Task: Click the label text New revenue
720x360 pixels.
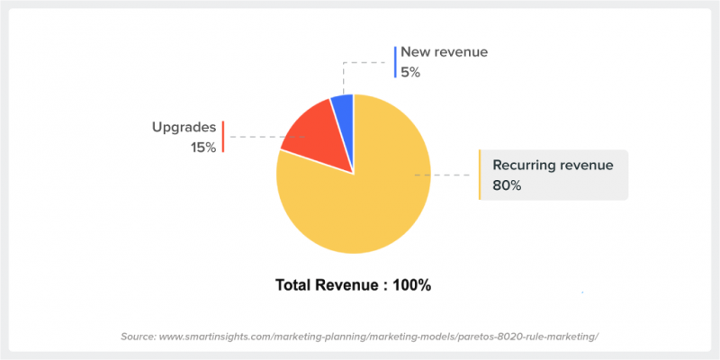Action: point(444,52)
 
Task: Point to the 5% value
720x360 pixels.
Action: point(410,71)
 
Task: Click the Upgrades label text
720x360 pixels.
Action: point(183,127)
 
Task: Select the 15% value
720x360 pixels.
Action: point(202,147)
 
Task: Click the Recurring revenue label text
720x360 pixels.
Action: point(553,165)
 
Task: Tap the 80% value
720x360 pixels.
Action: point(507,185)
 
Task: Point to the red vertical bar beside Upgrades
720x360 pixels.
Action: point(223,137)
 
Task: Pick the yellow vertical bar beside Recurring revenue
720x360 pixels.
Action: point(480,175)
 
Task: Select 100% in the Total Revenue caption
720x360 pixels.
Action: point(411,285)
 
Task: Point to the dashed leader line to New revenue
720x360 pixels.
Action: point(364,63)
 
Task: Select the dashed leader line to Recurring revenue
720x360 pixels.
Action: point(445,175)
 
